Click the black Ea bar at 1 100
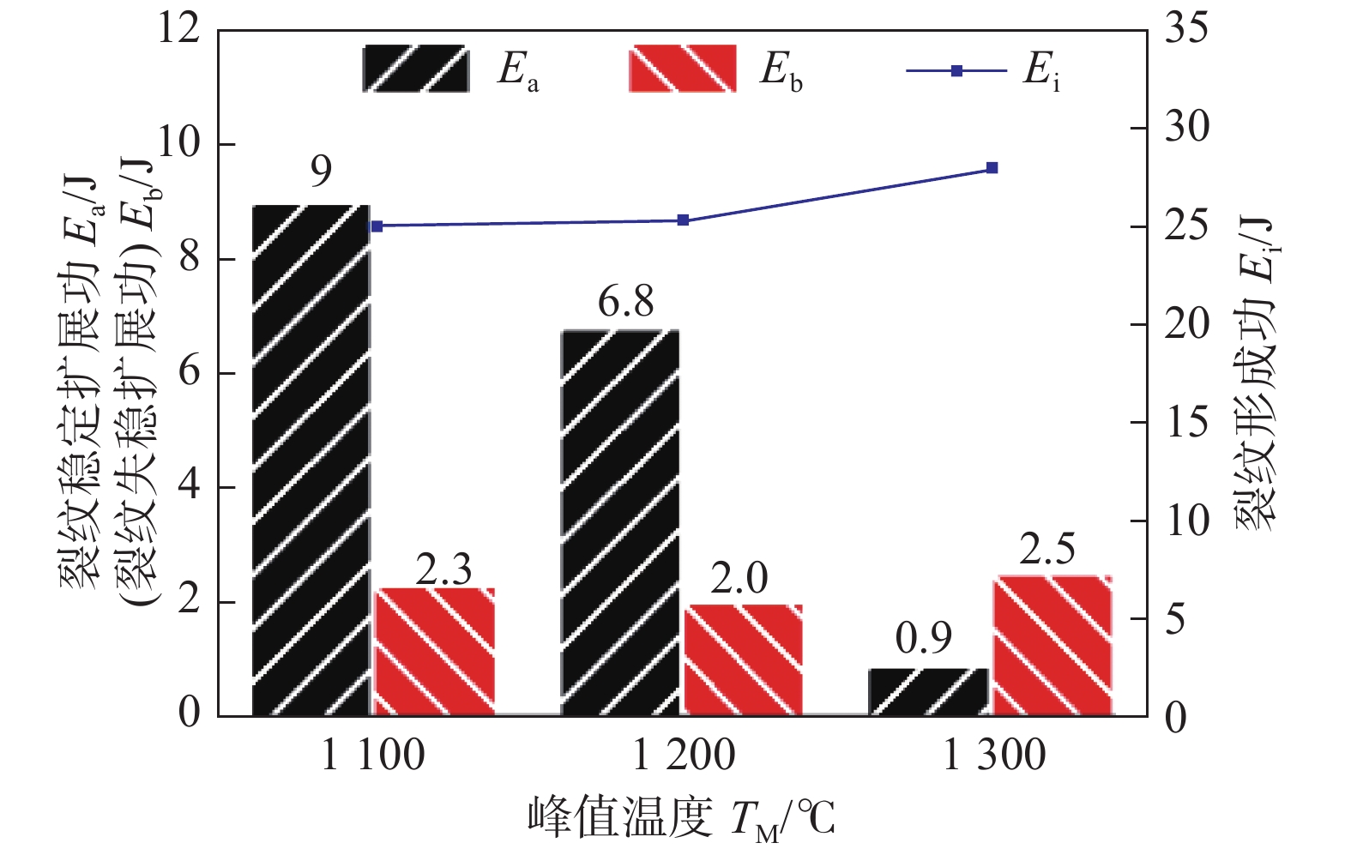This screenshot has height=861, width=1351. [311, 461]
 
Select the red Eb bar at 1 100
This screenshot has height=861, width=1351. [435, 652]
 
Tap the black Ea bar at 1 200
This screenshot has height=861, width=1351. [620, 522]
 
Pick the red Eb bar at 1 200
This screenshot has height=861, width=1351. [743, 660]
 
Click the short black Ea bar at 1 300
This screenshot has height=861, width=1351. [928, 692]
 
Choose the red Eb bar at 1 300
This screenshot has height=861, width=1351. [1052, 646]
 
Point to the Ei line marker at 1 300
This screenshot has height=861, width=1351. [992, 168]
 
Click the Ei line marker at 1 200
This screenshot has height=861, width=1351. [683, 220]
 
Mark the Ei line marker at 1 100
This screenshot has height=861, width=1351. [377, 226]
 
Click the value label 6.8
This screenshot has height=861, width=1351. [625, 302]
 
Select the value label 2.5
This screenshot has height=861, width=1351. [1046, 550]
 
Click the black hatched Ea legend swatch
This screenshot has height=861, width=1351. [416, 69]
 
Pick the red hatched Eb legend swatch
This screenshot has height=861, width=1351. [682, 69]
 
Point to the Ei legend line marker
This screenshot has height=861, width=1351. [956, 70]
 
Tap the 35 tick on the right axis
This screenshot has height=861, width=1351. [1186, 28]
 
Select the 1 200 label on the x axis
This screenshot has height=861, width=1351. [684, 756]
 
